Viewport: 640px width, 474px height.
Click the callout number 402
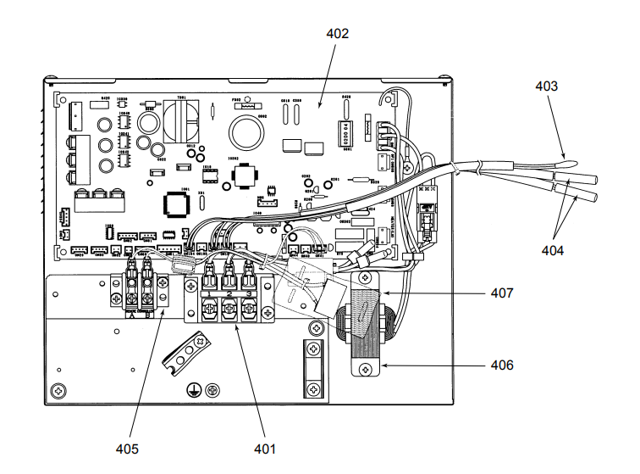coord(338,34)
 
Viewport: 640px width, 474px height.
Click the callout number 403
coord(546,86)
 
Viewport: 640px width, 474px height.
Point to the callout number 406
coord(502,365)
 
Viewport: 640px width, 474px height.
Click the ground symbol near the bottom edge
coord(193,390)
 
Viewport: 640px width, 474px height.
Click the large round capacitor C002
coord(247,132)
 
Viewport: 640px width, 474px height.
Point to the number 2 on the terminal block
coord(229,293)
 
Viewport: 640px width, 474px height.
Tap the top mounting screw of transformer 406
coord(365,277)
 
